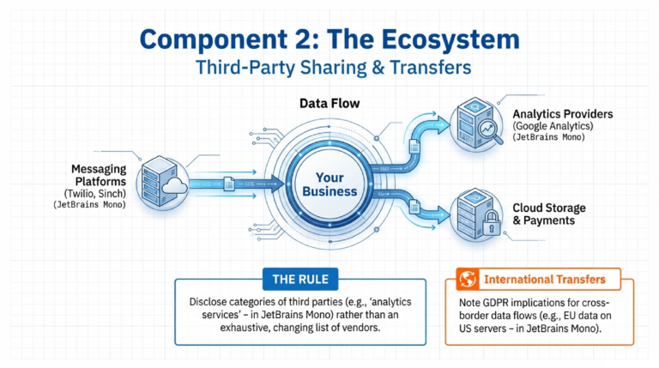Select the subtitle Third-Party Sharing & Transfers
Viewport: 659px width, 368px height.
tap(333, 68)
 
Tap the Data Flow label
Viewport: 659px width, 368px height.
tap(329, 103)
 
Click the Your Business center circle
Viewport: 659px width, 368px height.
tap(329, 184)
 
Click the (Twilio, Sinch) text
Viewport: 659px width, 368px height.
tap(95, 194)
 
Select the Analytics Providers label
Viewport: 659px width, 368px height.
tap(562, 114)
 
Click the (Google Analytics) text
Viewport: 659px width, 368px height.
tap(553, 125)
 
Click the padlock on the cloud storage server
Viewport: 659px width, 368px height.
tap(491, 223)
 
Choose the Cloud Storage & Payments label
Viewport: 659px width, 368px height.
tap(549, 214)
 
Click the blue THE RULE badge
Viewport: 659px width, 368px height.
tap(300, 280)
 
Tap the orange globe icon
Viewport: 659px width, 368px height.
tap(468, 279)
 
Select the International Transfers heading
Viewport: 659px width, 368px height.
tap(545, 280)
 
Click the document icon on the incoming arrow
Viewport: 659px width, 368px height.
tap(229, 184)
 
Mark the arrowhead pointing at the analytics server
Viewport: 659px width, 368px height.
tap(442, 124)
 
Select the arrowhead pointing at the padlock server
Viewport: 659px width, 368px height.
tap(443, 215)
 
